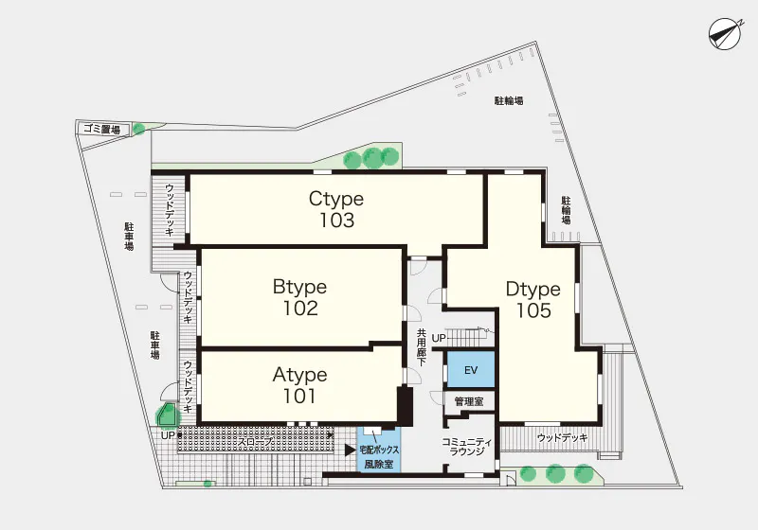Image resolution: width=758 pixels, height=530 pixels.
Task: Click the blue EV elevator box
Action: point(471,369)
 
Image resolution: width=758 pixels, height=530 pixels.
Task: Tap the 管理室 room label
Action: point(469,401)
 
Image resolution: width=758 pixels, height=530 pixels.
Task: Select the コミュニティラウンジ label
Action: point(467,447)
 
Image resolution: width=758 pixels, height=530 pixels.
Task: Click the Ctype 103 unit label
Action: point(336,209)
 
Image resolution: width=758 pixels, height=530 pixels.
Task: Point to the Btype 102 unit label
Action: point(299,297)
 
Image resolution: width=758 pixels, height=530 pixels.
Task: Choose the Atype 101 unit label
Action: point(299,384)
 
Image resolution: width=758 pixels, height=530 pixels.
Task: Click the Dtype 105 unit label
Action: point(533,299)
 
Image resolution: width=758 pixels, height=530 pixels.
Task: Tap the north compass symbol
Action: point(725,34)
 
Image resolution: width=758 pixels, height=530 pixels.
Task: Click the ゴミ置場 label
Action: point(101,129)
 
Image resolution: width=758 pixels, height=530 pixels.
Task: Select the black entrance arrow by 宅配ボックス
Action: point(351,450)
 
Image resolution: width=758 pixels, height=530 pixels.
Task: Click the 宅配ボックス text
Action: point(380,450)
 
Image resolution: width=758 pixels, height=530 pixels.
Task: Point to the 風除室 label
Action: point(379,466)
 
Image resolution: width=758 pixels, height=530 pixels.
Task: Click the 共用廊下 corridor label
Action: point(422,347)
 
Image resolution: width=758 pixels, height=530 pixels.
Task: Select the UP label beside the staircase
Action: point(439,339)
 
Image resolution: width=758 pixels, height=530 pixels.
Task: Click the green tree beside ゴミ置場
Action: point(138,129)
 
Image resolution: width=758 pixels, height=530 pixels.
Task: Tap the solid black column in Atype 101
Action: point(405,406)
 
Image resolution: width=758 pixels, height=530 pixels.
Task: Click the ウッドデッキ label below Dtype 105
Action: point(562,438)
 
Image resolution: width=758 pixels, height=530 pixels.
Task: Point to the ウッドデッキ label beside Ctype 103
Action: point(170,210)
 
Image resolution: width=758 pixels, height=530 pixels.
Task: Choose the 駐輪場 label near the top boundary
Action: point(509,101)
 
